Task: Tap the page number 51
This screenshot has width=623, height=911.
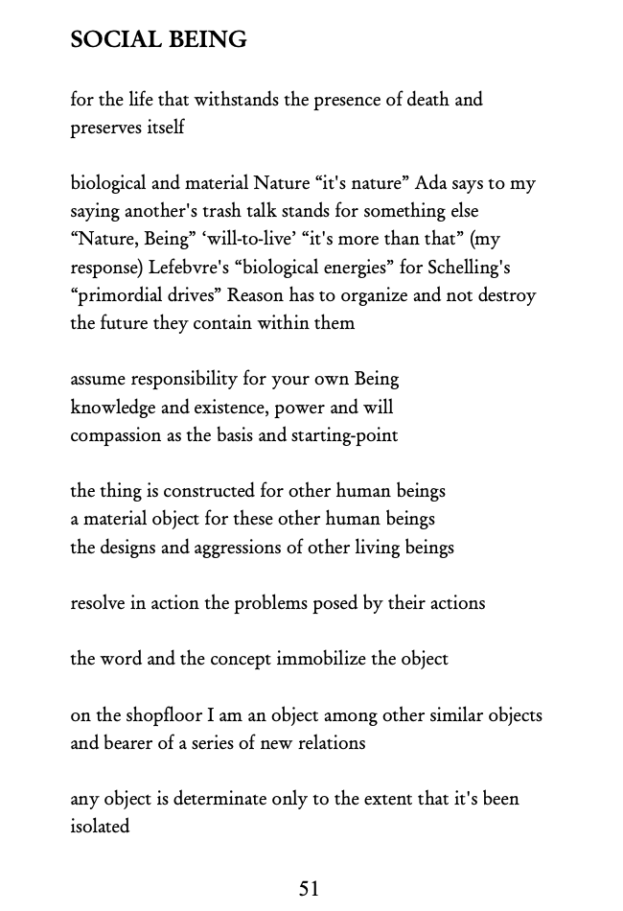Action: (x=309, y=889)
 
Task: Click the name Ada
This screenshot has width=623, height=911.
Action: (x=432, y=183)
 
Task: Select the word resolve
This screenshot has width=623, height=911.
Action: (x=99, y=603)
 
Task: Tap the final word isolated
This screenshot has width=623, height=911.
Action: (x=100, y=827)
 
